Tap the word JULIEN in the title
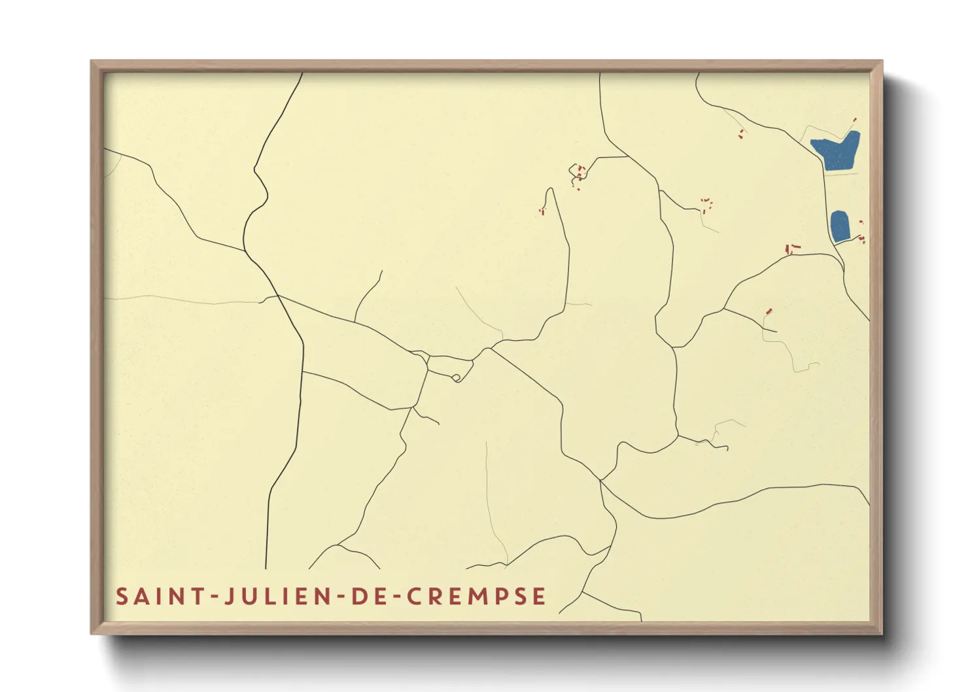[281, 597]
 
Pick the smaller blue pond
[840, 226]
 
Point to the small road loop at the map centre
[457, 377]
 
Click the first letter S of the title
[122, 597]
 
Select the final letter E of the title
[539, 597]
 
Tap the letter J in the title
[230, 597]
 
